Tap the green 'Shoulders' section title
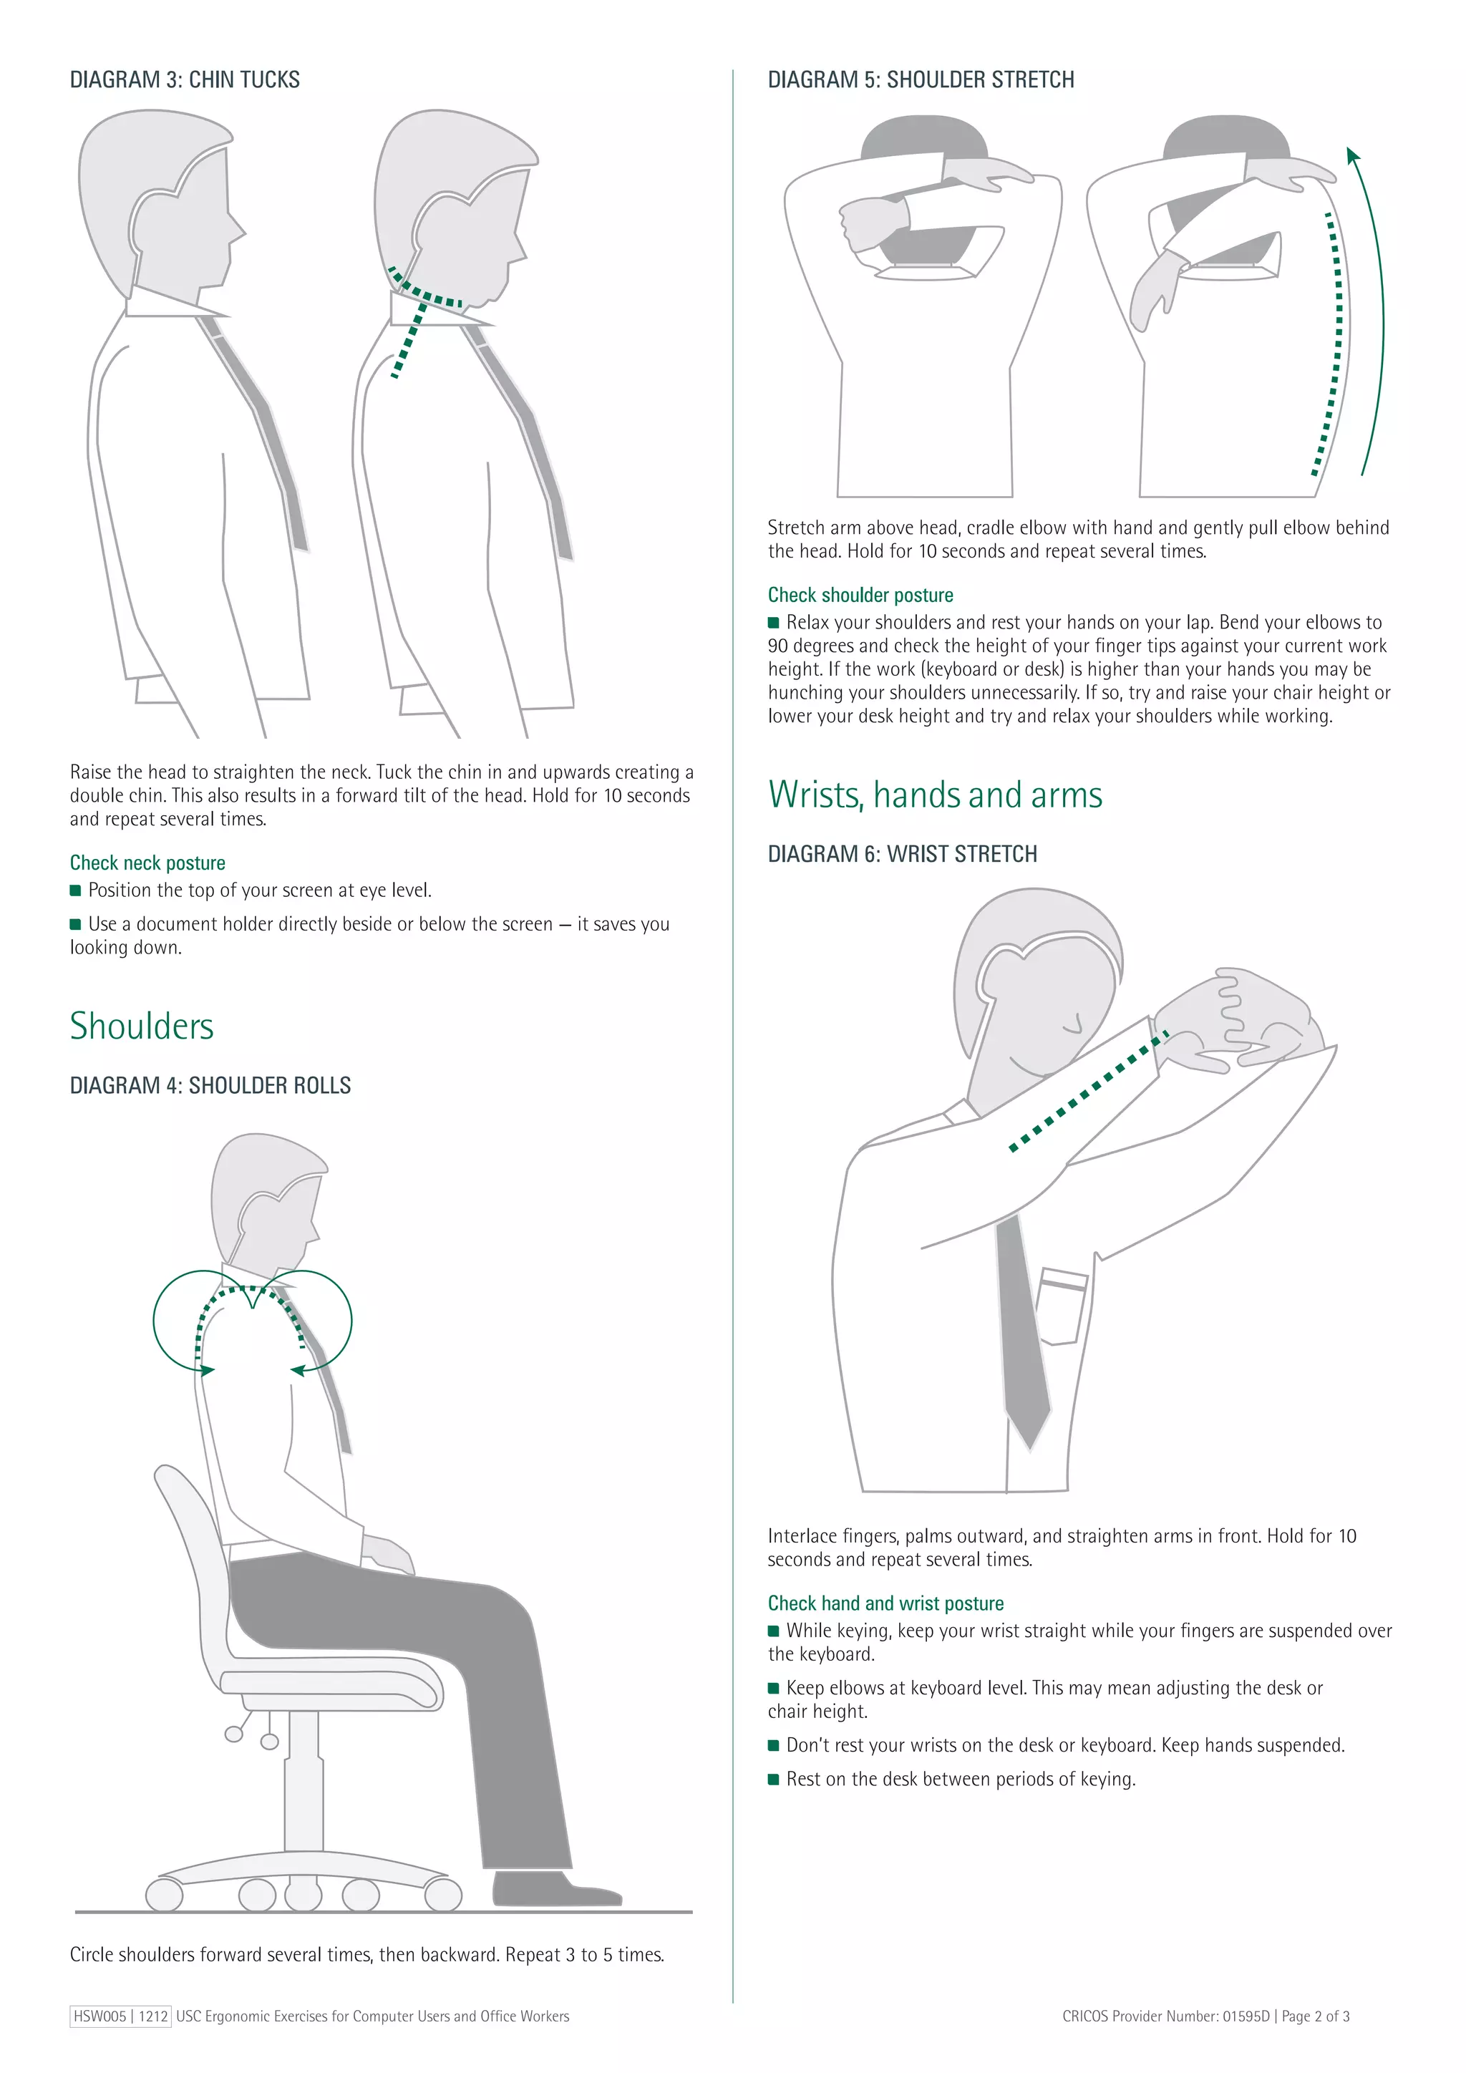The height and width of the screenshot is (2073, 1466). coord(142,1026)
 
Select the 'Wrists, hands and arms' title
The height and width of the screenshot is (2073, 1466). coord(934,795)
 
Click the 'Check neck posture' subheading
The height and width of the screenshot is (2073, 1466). coord(147,863)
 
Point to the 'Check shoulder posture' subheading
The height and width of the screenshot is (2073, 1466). coord(860,595)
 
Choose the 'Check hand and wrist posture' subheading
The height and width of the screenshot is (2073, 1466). coord(885,1603)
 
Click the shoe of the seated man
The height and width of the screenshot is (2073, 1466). coord(550,1889)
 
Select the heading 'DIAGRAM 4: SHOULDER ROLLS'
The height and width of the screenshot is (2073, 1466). coord(210,1085)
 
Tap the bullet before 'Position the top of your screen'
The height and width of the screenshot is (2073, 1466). coord(76,890)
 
